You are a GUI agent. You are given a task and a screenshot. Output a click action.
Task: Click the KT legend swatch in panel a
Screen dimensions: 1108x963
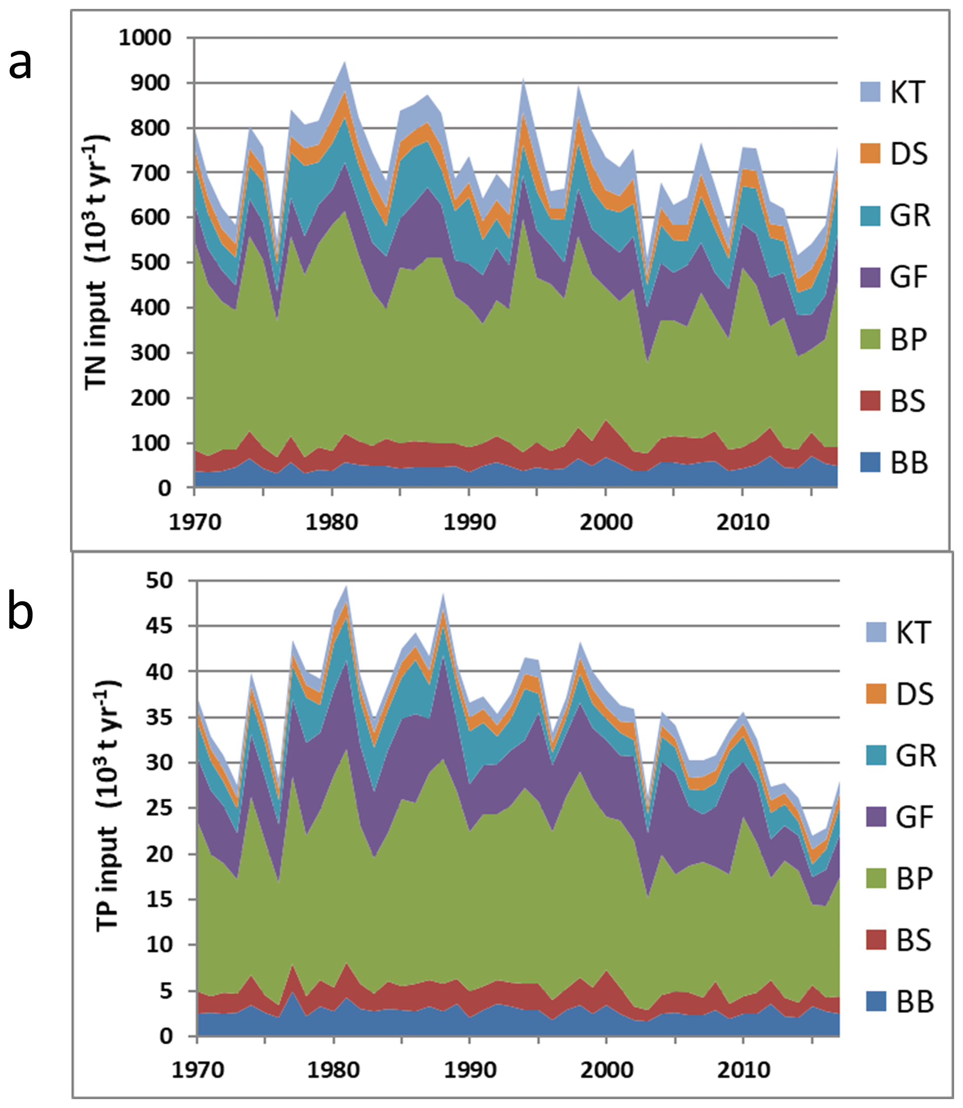click(870, 92)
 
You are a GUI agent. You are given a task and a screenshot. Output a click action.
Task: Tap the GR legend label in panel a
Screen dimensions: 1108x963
click(909, 215)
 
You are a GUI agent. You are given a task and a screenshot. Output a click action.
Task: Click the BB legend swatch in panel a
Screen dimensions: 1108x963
click(870, 463)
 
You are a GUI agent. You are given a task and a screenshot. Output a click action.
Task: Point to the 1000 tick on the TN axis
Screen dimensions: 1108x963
click(145, 37)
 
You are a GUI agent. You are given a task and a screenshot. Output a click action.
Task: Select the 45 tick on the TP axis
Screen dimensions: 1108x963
click(160, 626)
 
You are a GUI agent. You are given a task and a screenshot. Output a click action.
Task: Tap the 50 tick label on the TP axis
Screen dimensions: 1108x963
click(160, 580)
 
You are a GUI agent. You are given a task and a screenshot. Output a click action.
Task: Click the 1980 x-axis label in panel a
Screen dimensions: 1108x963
click(332, 522)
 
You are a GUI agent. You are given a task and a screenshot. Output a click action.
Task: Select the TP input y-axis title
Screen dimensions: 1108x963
click(108, 806)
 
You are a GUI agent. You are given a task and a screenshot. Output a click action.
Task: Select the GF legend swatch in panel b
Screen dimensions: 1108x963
click(875, 817)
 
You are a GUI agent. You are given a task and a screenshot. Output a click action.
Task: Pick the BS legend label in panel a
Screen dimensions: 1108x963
click(908, 401)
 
